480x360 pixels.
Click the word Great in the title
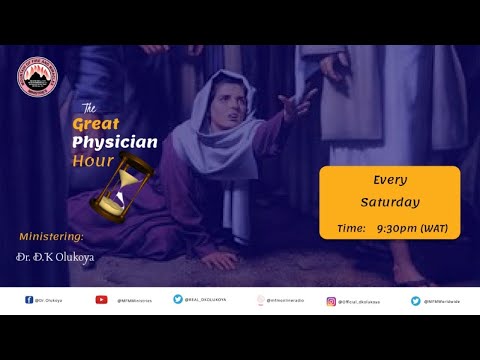98,124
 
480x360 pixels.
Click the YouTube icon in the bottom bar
101,299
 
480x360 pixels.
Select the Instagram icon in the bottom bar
331,299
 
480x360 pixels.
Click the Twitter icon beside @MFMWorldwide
415,299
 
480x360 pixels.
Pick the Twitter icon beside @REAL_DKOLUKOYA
178,299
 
